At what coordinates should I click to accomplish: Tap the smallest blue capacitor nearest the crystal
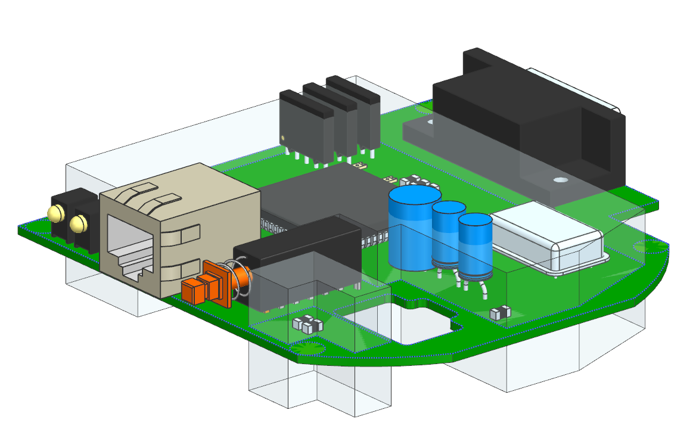[476, 247]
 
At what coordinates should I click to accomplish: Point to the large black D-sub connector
[524, 119]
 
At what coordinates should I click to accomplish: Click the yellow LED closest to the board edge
[55, 213]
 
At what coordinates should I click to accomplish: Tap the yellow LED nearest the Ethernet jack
[78, 224]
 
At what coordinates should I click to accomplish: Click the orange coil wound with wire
[241, 278]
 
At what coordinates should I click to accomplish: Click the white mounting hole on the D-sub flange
[560, 179]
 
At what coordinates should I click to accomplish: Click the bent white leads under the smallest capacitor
[480, 289]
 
